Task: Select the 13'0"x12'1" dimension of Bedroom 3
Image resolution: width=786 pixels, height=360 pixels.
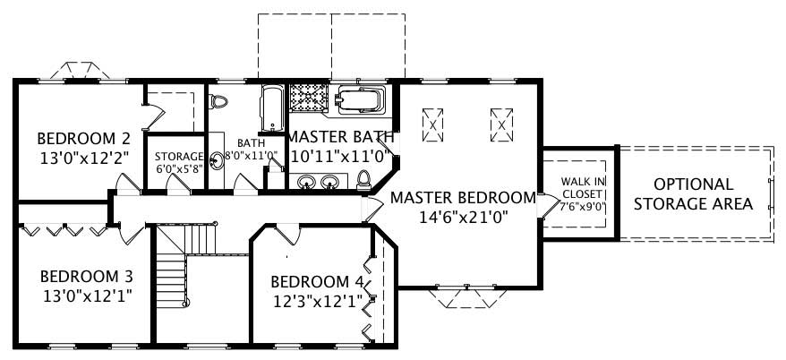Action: [86, 296]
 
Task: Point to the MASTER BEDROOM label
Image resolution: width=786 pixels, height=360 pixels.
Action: [462, 197]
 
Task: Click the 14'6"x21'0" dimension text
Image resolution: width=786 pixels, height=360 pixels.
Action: [462, 216]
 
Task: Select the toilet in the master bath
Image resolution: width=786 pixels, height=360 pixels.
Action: [363, 180]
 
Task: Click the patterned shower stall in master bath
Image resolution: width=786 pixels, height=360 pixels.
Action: [309, 101]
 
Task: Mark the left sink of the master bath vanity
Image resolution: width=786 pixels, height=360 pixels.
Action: [306, 183]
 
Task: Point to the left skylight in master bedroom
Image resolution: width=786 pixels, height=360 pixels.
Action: [433, 124]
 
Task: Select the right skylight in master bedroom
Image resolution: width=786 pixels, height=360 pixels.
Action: [502, 124]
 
